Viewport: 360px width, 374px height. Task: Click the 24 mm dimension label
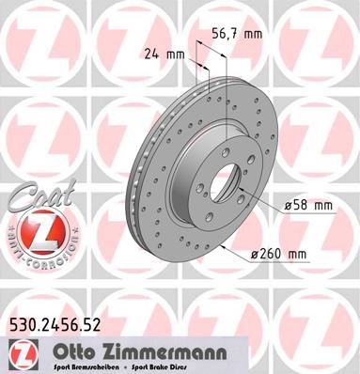pyautogui.click(x=164, y=54)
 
